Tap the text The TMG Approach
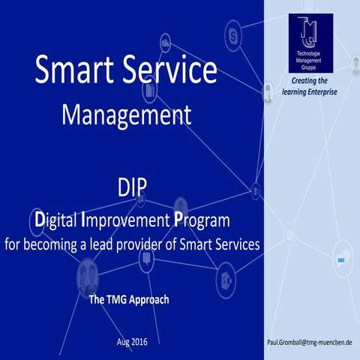tap(129, 299)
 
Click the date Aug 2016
tap(132, 342)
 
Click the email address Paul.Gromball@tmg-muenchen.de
tap(310, 342)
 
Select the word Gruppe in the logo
tap(310, 67)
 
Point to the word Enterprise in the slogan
tap(321, 91)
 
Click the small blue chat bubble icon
tap(341, 259)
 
